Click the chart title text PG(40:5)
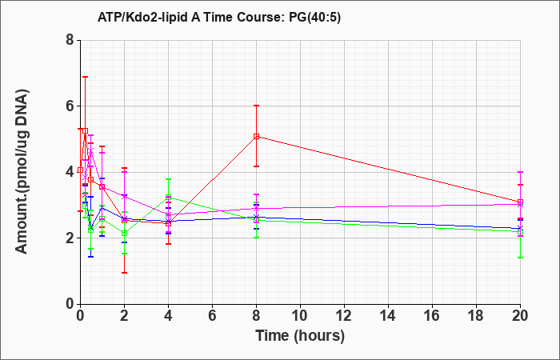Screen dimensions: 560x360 point(316,18)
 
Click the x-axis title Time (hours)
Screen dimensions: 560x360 point(300,336)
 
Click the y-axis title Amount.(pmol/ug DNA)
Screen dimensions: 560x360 point(22,172)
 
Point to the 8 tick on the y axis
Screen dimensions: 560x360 point(70,40)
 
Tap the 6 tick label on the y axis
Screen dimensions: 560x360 point(70,106)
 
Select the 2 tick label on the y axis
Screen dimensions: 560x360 point(70,238)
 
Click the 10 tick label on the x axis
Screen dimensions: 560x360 point(300,316)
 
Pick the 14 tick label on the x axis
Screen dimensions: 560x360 point(388,316)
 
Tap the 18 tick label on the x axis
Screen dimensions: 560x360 point(477,316)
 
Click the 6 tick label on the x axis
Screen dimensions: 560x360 point(213,316)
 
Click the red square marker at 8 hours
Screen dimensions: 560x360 point(257,137)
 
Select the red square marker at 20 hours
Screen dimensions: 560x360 point(520,202)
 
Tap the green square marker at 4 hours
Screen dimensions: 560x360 point(169,197)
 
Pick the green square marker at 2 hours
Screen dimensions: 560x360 point(124,234)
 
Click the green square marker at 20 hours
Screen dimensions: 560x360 point(520,232)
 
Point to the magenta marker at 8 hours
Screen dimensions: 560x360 point(257,208)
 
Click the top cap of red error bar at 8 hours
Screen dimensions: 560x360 point(257,106)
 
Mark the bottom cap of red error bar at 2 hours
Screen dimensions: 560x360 point(124,273)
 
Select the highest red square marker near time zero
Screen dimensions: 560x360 point(85,130)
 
